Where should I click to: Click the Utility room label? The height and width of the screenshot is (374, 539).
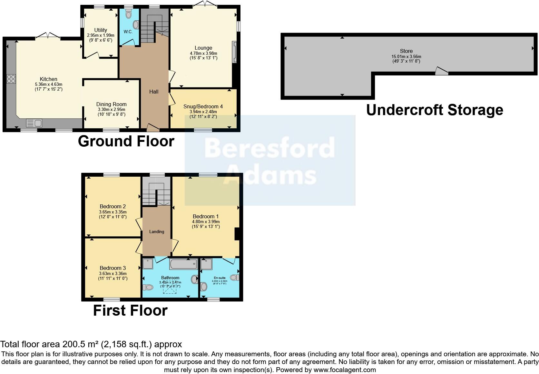[x=101, y=30]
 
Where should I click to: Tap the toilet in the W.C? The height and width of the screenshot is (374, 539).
[x=129, y=15]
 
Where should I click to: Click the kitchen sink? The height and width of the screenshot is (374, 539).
[x=34, y=123]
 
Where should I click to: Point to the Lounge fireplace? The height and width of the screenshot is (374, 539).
[x=235, y=52]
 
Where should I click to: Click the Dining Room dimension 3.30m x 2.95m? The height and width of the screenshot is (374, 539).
[x=111, y=110]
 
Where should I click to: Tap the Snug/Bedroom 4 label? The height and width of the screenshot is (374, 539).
[x=203, y=106]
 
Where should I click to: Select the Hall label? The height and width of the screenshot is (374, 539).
[x=154, y=92]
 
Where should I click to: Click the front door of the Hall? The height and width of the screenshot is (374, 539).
[x=153, y=128]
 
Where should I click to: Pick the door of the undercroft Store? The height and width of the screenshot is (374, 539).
[x=441, y=71]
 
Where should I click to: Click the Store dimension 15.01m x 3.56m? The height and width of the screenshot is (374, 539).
[x=406, y=56]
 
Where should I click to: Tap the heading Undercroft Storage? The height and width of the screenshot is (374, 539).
[x=435, y=110]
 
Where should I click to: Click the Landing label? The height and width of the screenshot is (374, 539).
[x=157, y=231]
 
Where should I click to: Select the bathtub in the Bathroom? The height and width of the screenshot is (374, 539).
[x=183, y=264]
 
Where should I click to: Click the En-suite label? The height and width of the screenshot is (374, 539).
[x=220, y=278]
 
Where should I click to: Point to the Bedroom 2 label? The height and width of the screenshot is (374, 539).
[x=113, y=206]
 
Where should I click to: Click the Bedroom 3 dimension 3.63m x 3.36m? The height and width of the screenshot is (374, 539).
[x=113, y=273]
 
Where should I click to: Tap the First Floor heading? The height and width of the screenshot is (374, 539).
[x=130, y=310]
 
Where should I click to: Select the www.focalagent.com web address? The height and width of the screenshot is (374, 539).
[x=345, y=370]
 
